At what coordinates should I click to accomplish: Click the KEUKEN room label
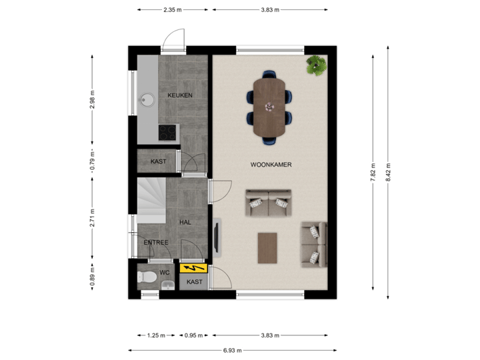point(180,95)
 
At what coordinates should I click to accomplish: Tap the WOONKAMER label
point(271,164)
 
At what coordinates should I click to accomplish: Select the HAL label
point(185,222)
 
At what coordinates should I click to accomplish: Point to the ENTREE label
point(156,242)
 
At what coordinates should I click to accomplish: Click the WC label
point(164,273)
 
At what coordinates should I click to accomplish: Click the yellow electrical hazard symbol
point(193,269)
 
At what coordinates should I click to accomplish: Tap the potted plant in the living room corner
point(315,65)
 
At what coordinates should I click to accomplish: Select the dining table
point(269,106)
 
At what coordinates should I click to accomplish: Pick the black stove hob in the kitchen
point(168,133)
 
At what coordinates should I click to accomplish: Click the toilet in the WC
point(147,277)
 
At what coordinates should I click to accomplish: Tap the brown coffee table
point(269,247)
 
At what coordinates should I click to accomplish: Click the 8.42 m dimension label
point(389,173)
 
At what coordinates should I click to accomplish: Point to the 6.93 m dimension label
point(233,350)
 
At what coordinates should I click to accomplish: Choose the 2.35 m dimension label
point(172,9)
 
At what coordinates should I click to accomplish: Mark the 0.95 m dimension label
point(193,335)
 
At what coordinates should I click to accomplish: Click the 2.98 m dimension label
point(93,99)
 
